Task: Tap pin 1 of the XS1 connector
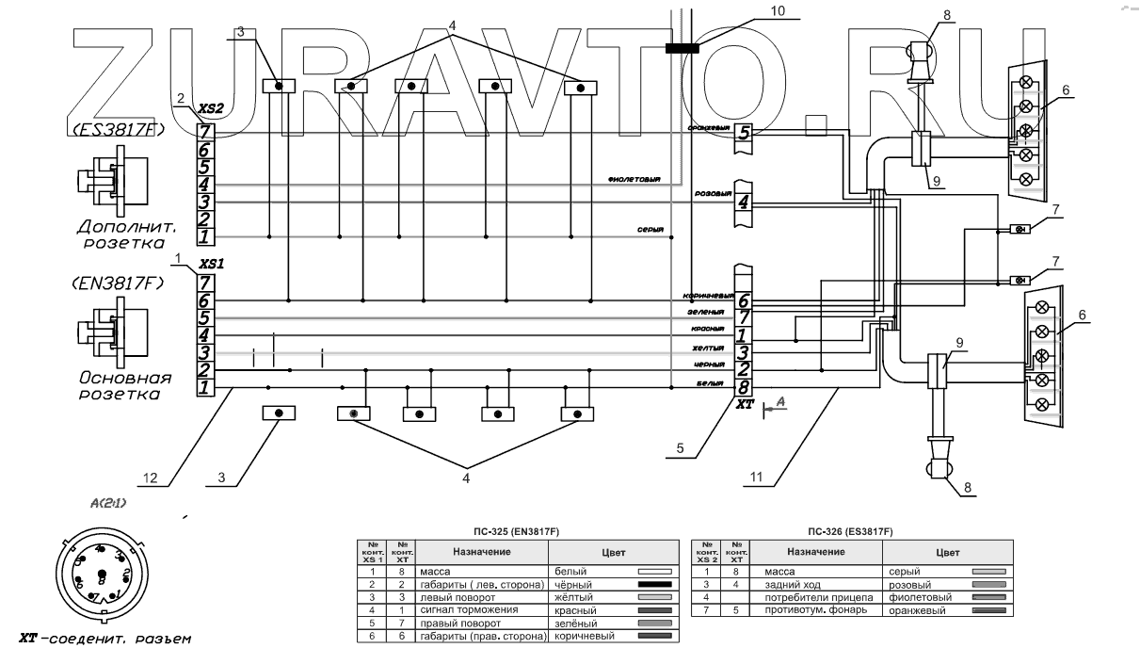[205, 387]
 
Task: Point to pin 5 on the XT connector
[744, 133]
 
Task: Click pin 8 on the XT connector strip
[744, 386]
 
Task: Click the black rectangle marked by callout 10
[682, 47]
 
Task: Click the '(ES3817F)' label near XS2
[117, 129]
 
